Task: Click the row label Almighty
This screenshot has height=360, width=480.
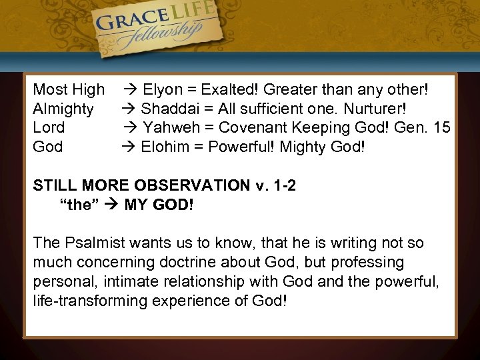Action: pyautogui.click(x=63, y=108)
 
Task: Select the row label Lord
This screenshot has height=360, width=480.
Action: pyautogui.click(x=49, y=127)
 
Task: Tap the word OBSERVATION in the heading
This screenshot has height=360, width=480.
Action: pyautogui.click(x=190, y=185)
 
